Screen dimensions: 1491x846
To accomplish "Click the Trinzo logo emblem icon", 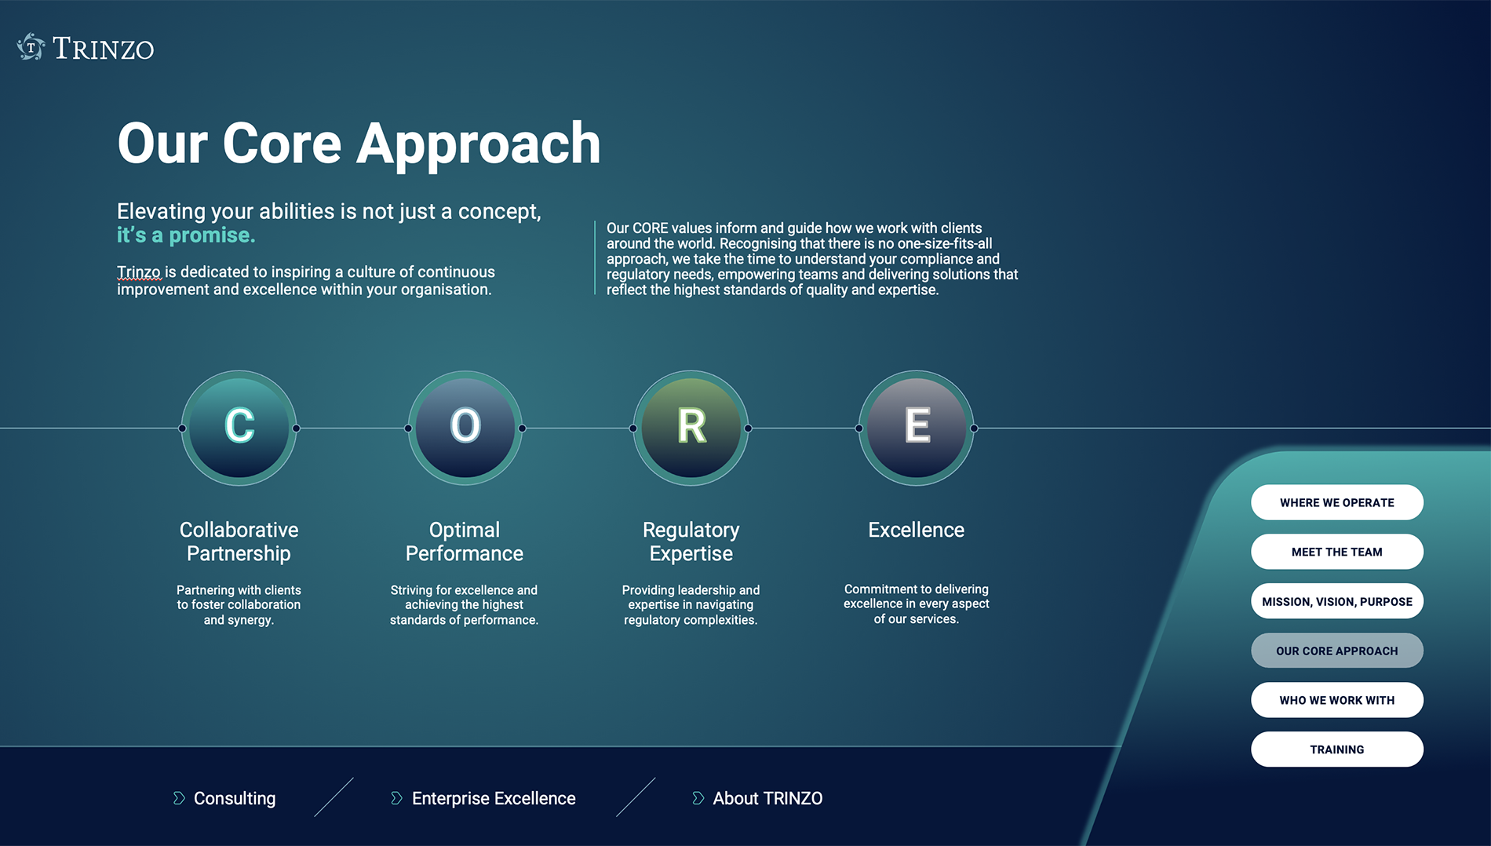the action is point(31,47).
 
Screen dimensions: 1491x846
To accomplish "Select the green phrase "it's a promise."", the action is point(186,235).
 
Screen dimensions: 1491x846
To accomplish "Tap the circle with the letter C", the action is point(239,428).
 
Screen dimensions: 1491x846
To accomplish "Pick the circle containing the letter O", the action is point(465,428).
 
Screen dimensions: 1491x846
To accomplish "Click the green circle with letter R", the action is point(691,428).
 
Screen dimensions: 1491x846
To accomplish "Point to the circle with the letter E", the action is point(917,428).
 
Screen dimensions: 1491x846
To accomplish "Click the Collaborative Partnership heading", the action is point(239,542).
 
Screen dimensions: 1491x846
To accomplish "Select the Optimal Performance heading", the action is point(465,542).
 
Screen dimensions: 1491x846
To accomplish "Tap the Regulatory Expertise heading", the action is point(691,542).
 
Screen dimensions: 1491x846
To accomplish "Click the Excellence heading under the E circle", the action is point(916,530).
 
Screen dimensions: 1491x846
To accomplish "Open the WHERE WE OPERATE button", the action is point(1337,502).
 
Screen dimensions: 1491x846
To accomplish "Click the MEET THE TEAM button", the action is point(1337,552).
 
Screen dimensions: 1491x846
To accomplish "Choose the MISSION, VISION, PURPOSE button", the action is point(1337,601).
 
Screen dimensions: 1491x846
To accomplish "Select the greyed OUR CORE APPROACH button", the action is point(1337,651).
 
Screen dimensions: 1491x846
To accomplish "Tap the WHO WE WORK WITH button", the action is point(1337,700).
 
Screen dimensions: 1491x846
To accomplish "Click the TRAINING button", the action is point(1337,749).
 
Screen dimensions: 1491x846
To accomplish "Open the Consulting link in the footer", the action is point(235,798).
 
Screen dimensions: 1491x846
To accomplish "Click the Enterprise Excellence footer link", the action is point(494,798).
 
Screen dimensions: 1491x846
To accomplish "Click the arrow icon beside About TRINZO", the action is point(698,798).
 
